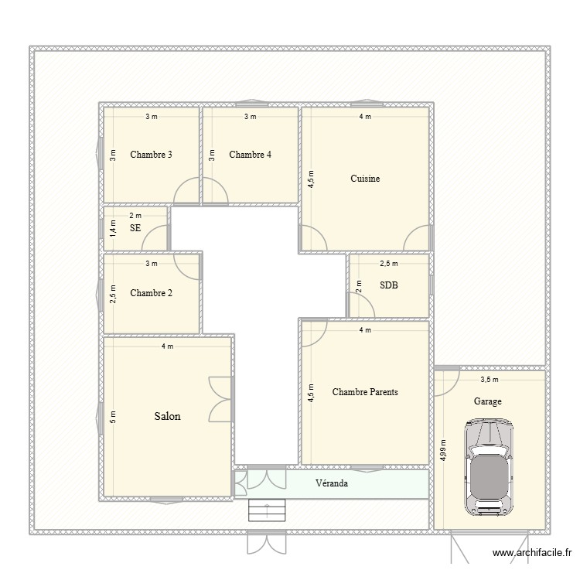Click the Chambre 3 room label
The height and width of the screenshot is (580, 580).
(151, 155)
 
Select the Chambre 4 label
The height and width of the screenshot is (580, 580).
(250, 155)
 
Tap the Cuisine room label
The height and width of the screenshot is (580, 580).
(364, 179)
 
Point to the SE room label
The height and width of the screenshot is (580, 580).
(135, 228)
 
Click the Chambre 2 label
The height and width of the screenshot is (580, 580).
(151, 293)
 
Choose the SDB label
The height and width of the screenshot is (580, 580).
(388, 285)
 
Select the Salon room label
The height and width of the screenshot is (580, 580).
(167, 416)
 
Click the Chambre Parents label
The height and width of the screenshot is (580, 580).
(364, 392)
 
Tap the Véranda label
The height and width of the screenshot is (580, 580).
(331, 483)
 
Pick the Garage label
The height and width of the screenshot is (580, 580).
(488, 401)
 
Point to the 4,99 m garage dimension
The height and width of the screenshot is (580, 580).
(442, 449)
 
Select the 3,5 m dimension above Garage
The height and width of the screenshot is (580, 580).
(489, 379)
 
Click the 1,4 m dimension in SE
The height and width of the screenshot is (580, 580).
(112, 228)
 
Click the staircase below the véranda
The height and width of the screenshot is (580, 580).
(267, 511)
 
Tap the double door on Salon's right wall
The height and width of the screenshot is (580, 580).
(220, 399)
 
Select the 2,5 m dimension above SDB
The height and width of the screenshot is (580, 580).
(388, 264)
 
